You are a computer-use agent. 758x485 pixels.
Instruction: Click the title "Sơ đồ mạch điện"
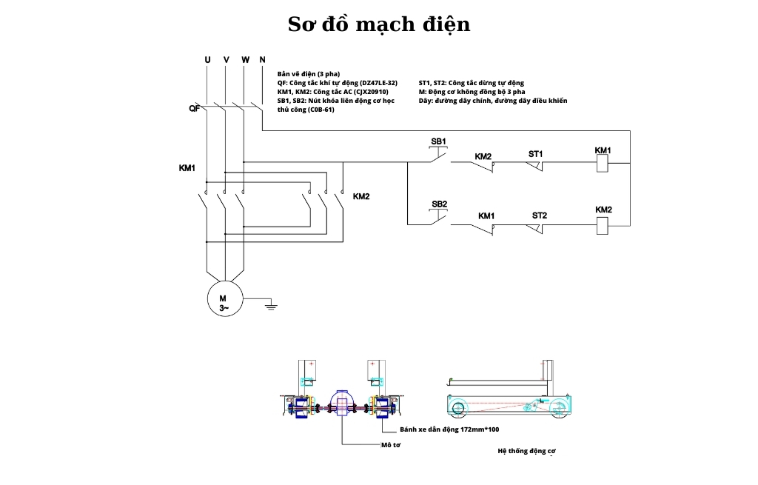click(378, 24)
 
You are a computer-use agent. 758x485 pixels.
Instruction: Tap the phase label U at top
click(207, 59)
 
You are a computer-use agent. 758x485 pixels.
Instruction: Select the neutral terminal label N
click(262, 59)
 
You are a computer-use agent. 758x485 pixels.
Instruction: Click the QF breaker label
click(193, 109)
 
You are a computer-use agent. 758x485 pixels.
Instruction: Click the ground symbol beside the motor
click(271, 304)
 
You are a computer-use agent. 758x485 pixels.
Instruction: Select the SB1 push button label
click(439, 141)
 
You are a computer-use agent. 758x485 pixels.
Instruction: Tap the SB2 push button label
click(439, 204)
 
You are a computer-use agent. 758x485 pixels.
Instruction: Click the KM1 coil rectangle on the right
click(603, 164)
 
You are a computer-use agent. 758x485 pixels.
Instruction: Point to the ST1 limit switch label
click(536, 154)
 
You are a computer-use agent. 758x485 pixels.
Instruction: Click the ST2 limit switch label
click(539, 215)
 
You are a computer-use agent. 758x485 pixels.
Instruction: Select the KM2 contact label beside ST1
click(483, 156)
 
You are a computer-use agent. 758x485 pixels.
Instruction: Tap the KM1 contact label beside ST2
click(486, 215)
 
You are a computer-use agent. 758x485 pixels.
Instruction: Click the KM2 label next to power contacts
click(360, 196)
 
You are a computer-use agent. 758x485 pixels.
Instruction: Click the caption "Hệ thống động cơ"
click(526, 450)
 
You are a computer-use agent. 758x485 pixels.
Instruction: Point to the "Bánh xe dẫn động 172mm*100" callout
click(449, 429)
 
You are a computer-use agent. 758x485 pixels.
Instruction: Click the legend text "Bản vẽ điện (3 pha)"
click(308, 74)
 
